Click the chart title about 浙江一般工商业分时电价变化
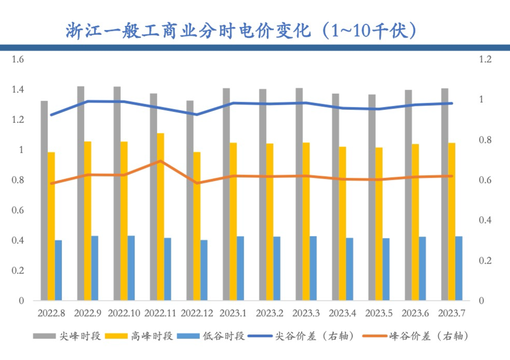tap(241, 31)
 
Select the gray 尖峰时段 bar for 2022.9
tap(81, 193)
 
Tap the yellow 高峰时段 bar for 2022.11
tap(161, 217)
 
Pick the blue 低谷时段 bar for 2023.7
tap(459, 268)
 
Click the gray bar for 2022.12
tap(190, 201)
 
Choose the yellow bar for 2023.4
tap(342, 224)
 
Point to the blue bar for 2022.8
tap(59, 270)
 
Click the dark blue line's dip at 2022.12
tap(197, 114)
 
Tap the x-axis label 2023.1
tap(234, 313)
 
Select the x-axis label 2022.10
tap(124, 313)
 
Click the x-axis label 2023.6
tap(416, 313)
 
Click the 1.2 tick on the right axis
tap(485, 59)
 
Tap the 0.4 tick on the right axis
tap(485, 220)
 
